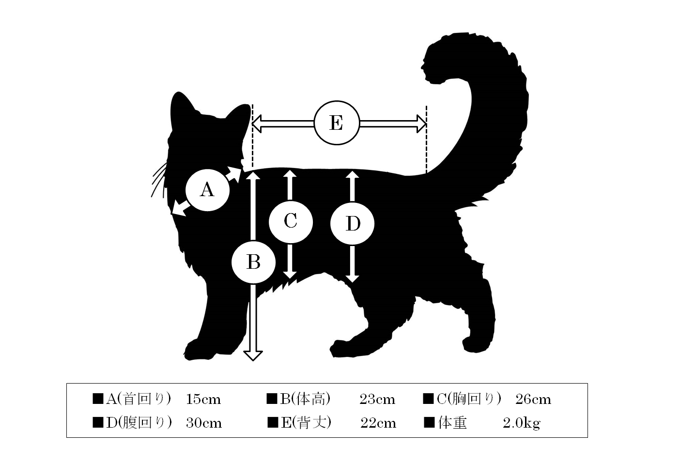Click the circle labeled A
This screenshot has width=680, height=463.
[x=208, y=190]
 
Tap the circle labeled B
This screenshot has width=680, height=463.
[x=253, y=262]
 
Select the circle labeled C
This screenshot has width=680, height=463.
[x=291, y=222]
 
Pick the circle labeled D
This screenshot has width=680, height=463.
[x=353, y=223]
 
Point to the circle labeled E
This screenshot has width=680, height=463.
[x=337, y=123]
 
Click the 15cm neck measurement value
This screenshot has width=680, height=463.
[x=203, y=400]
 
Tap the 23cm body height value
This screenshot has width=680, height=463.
[x=377, y=400]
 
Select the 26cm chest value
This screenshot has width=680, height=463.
[x=533, y=400]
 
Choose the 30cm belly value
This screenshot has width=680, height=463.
[x=204, y=423]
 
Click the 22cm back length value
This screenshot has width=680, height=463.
[x=378, y=423]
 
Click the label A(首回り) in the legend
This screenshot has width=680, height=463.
[x=139, y=400]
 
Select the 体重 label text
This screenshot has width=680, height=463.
[x=452, y=423]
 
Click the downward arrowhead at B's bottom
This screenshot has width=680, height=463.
[x=253, y=356]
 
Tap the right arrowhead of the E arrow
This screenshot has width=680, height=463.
[x=422, y=123]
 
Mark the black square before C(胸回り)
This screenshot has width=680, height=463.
[x=428, y=399]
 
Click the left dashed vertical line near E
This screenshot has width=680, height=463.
[x=252, y=136]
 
